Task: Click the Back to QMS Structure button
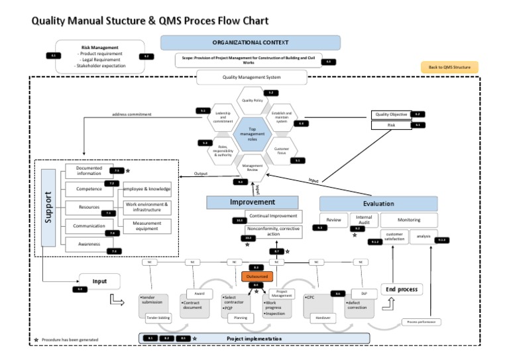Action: [x=449, y=67]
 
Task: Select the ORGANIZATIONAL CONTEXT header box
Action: [x=251, y=42]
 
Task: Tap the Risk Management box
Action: [x=99, y=56]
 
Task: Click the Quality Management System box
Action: [x=252, y=78]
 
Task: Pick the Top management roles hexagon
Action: [x=252, y=134]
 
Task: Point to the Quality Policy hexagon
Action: [x=252, y=101]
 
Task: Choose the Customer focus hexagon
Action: [x=282, y=150]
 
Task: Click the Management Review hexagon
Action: [x=253, y=168]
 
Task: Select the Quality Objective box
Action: [x=391, y=114]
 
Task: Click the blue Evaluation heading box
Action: [x=378, y=204]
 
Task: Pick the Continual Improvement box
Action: [x=273, y=216]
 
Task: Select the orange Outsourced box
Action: [x=256, y=276]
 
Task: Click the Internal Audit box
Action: [x=364, y=219]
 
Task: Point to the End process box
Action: [x=402, y=290]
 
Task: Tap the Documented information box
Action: [x=89, y=172]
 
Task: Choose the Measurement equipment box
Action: [x=146, y=227]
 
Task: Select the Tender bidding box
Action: [x=158, y=318]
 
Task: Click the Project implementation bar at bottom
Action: [x=254, y=339]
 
